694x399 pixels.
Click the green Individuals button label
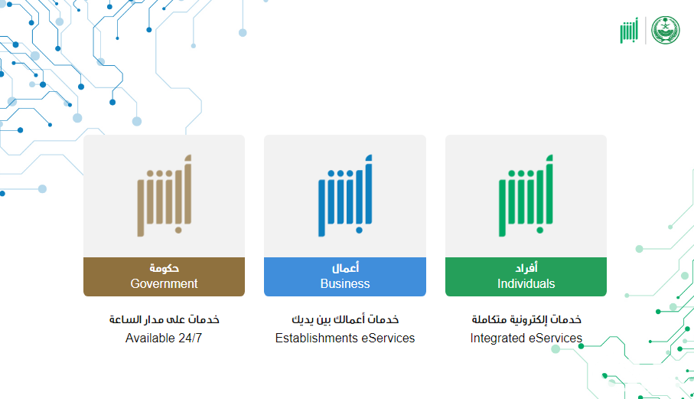coord(526,276)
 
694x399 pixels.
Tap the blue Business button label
coord(345,276)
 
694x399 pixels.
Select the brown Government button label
coord(164,276)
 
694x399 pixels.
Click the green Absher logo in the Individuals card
coord(526,196)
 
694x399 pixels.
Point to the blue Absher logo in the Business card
coord(345,196)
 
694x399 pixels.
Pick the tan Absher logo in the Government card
coord(164,196)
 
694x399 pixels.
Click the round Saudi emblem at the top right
coord(665,30)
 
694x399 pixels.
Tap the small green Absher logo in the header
coord(629,31)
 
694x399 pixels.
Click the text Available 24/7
coord(163,338)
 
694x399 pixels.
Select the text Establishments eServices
coord(345,338)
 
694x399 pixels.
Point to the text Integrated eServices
coord(526,338)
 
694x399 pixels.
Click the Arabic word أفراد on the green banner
coord(526,268)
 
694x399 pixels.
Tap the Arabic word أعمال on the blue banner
coord(345,268)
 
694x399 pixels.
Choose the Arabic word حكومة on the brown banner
coord(164,268)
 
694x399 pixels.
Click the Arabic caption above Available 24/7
coord(165,319)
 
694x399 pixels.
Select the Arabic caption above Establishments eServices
coord(345,319)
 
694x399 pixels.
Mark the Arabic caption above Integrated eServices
coord(526,319)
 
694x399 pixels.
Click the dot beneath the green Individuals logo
coord(540,230)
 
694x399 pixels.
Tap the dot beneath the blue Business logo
coord(359,230)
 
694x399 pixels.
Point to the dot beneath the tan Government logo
coord(178,230)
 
